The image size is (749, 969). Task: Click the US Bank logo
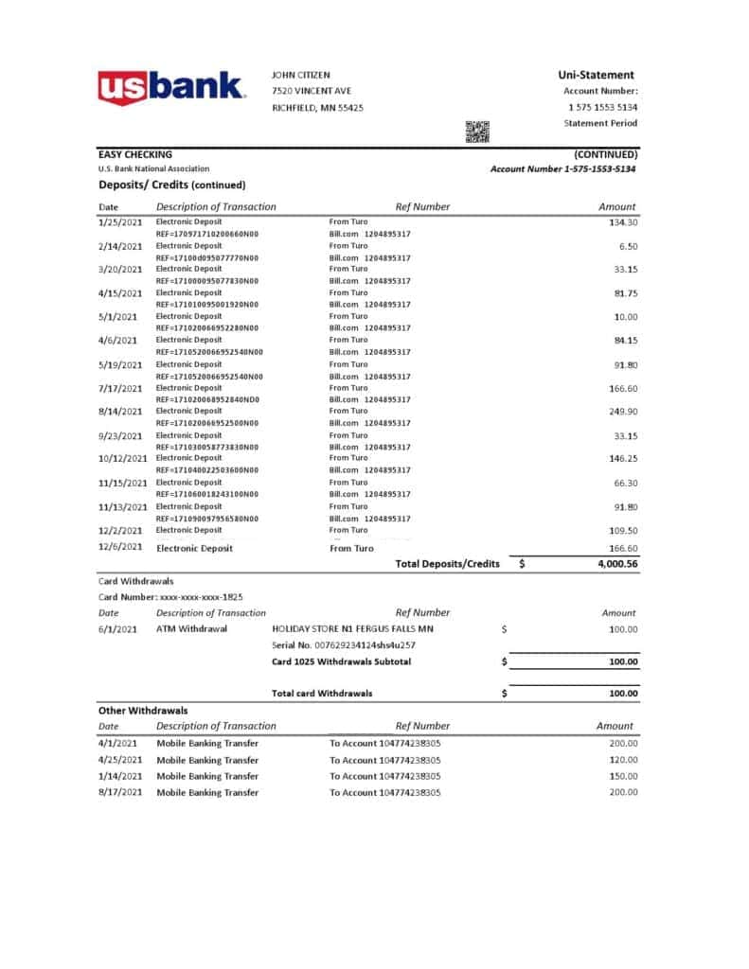pyautogui.click(x=171, y=88)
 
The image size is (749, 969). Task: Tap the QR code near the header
pyautogui.click(x=477, y=132)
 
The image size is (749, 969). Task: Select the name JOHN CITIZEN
pyautogui.click(x=304, y=75)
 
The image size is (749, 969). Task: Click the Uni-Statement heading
pyautogui.click(x=597, y=75)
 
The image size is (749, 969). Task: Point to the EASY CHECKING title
pyautogui.click(x=135, y=154)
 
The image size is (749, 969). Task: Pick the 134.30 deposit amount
pyautogui.click(x=623, y=222)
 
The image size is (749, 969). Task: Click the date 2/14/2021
pyautogui.click(x=120, y=246)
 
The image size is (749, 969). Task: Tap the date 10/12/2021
pyautogui.click(x=123, y=459)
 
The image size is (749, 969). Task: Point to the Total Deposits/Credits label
pyautogui.click(x=447, y=564)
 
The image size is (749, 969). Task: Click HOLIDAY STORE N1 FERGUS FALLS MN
pyautogui.click(x=352, y=628)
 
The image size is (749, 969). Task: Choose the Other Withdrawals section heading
pyautogui.click(x=143, y=710)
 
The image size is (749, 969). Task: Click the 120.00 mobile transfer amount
pyautogui.click(x=623, y=760)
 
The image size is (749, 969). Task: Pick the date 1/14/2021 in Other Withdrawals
pyautogui.click(x=120, y=776)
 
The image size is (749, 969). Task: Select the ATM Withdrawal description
pyautogui.click(x=191, y=628)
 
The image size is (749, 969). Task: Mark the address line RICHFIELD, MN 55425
pyautogui.click(x=317, y=108)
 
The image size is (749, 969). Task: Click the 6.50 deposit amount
pyautogui.click(x=627, y=246)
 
